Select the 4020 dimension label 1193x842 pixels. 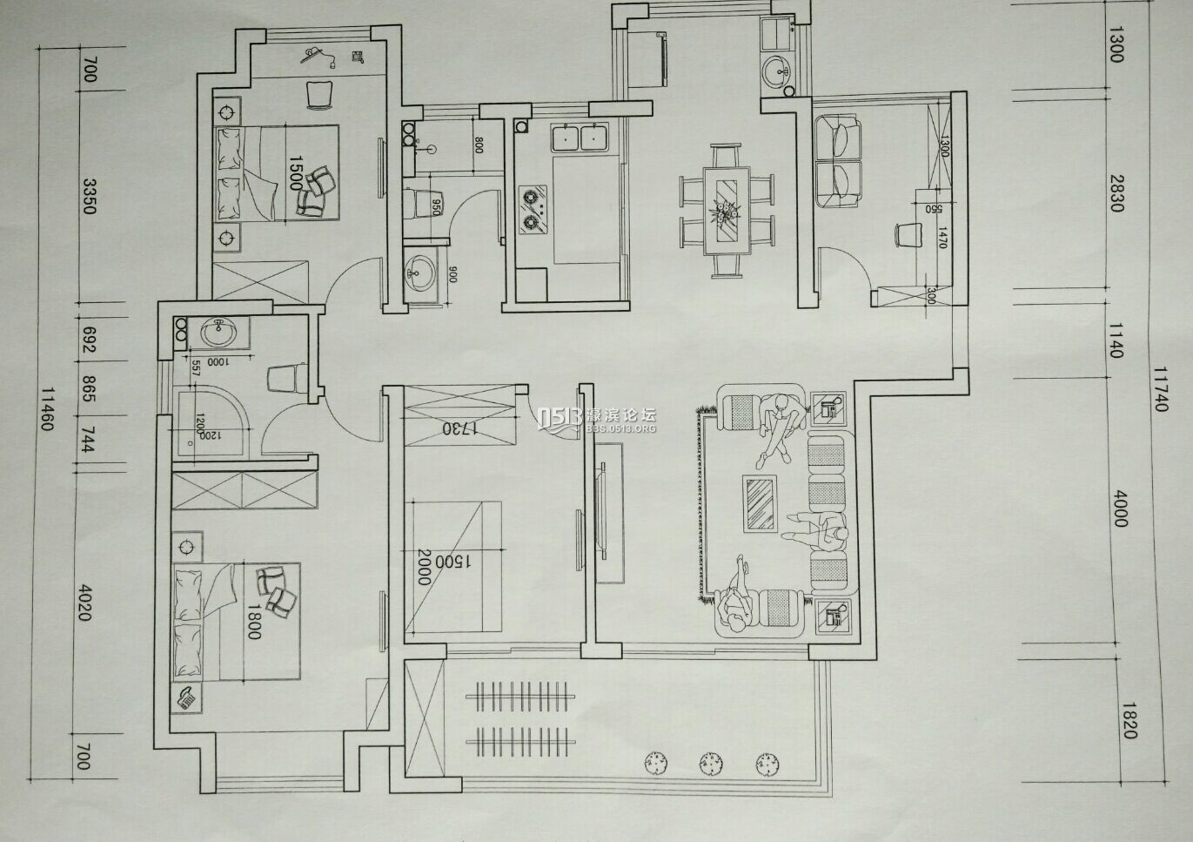coord(84,603)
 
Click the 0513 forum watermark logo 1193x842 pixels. coord(596,421)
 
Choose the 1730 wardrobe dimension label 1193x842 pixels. coord(459,428)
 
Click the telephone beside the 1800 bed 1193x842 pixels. coord(187,697)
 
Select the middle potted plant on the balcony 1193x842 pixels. coord(711,762)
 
